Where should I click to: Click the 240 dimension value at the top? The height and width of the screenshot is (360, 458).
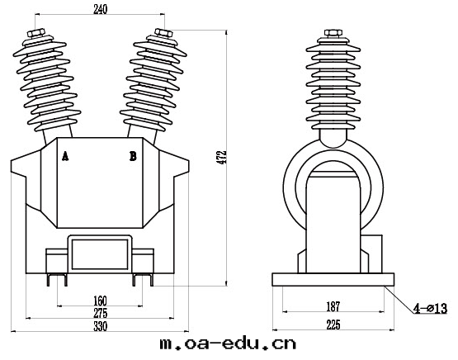pyautogui.click(x=100, y=10)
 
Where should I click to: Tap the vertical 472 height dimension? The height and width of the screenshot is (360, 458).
pyautogui.click(x=223, y=157)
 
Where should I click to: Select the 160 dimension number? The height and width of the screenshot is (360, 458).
pyautogui.click(x=100, y=301)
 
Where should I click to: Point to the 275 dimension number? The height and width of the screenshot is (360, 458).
pyautogui.click(x=100, y=313)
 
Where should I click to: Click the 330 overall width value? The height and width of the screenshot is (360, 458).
pyautogui.click(x=100, y=326)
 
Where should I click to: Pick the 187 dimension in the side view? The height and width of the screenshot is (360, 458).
pyautogui.click(x=333, y=306)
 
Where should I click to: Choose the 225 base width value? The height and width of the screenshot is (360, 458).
pyautogui.click(x=333, y=324)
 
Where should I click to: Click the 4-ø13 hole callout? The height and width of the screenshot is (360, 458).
pyautogui.click(x=430, y=308)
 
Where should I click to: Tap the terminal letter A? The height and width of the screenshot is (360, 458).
pyautogui.click(x=65, y=156)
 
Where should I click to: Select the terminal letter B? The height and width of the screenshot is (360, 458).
pyautogui.click(x=133, y=156)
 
